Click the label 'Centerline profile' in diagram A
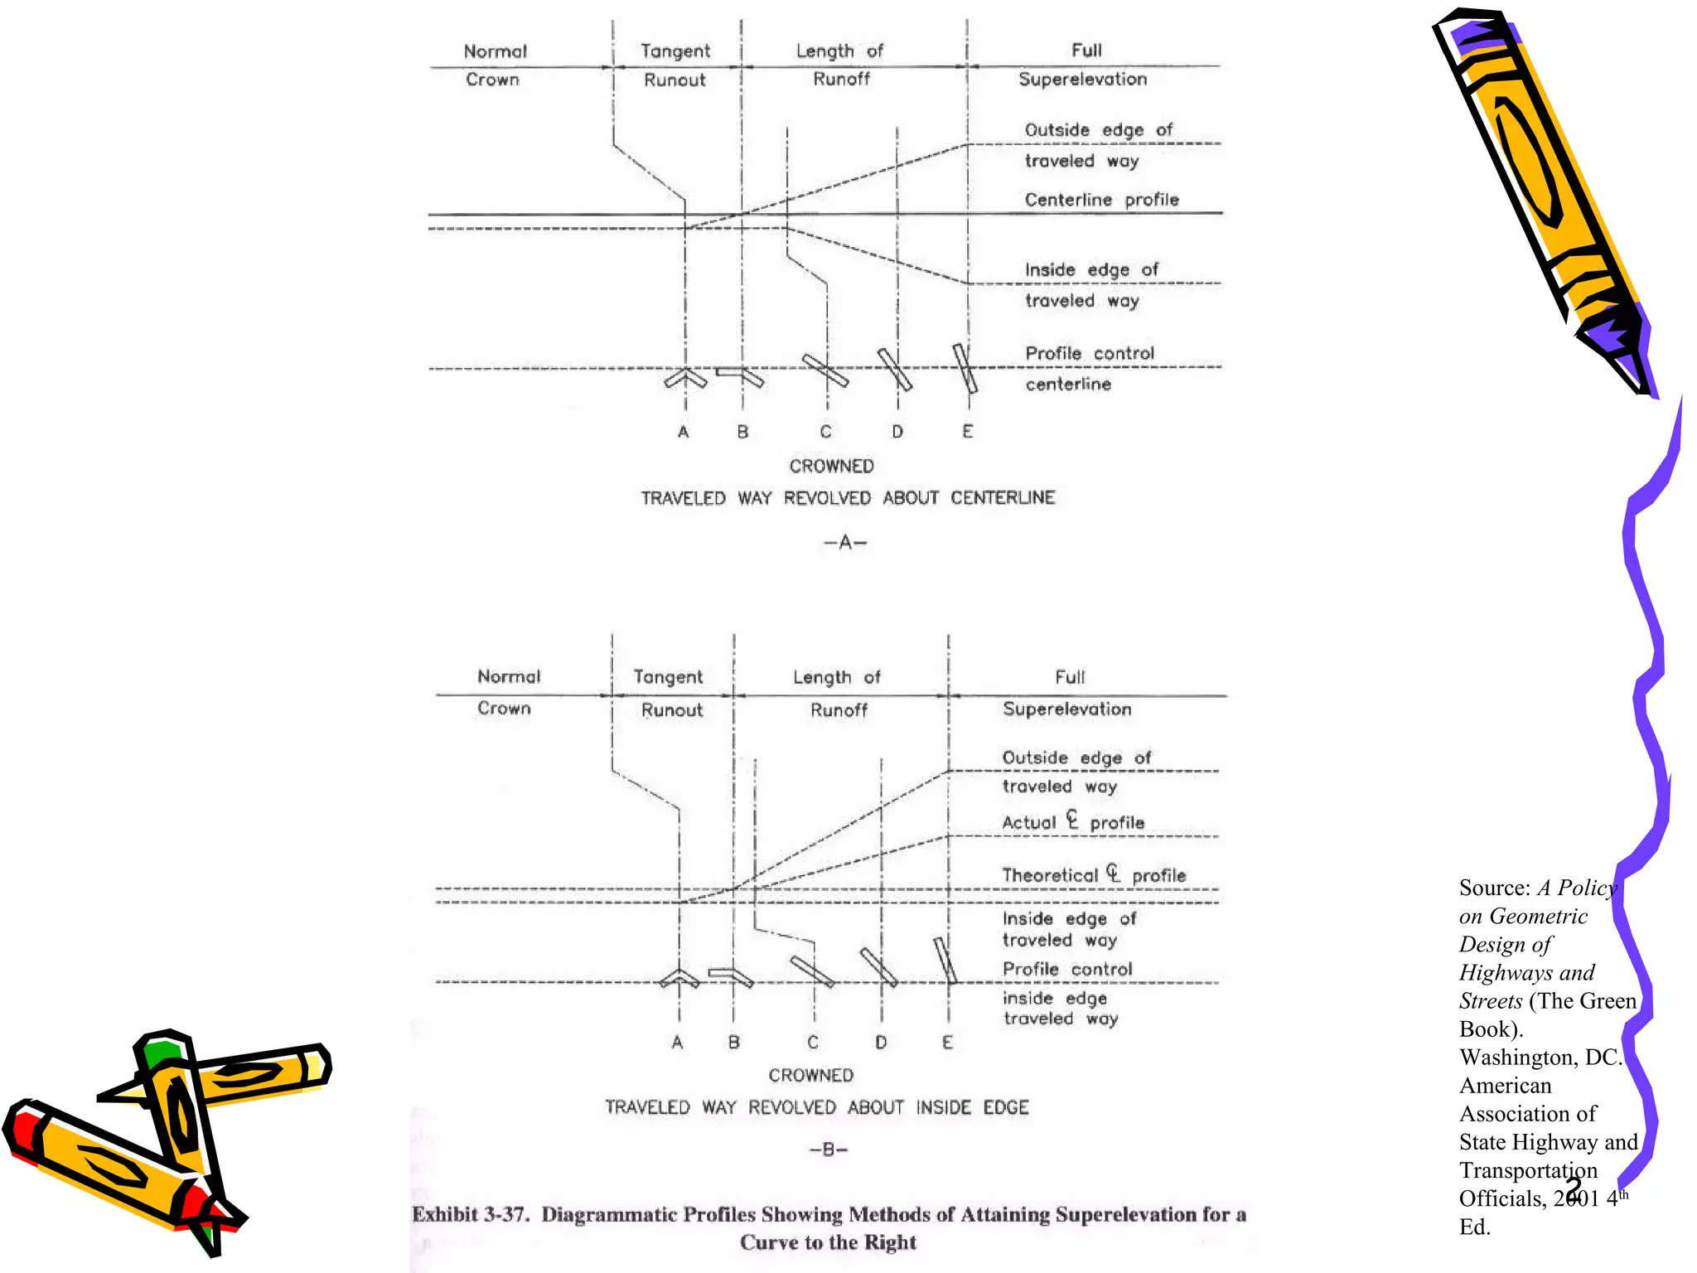[1101, 200]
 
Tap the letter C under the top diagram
[825, 432]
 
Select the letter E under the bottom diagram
[947, 1043]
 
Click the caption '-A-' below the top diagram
[845, 543]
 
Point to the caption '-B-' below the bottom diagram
[829, 1150]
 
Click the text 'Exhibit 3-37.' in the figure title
[471, 1214]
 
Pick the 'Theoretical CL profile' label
[1094, 875]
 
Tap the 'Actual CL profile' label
[1073, 822]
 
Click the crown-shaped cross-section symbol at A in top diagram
[685, 378]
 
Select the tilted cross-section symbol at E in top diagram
[965, 368]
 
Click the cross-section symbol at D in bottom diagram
[878, 967]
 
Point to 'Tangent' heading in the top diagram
[675, 51]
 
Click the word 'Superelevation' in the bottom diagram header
[1066, 709]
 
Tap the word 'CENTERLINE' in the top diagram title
[1003, 498]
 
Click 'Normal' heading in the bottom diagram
[509, 677]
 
